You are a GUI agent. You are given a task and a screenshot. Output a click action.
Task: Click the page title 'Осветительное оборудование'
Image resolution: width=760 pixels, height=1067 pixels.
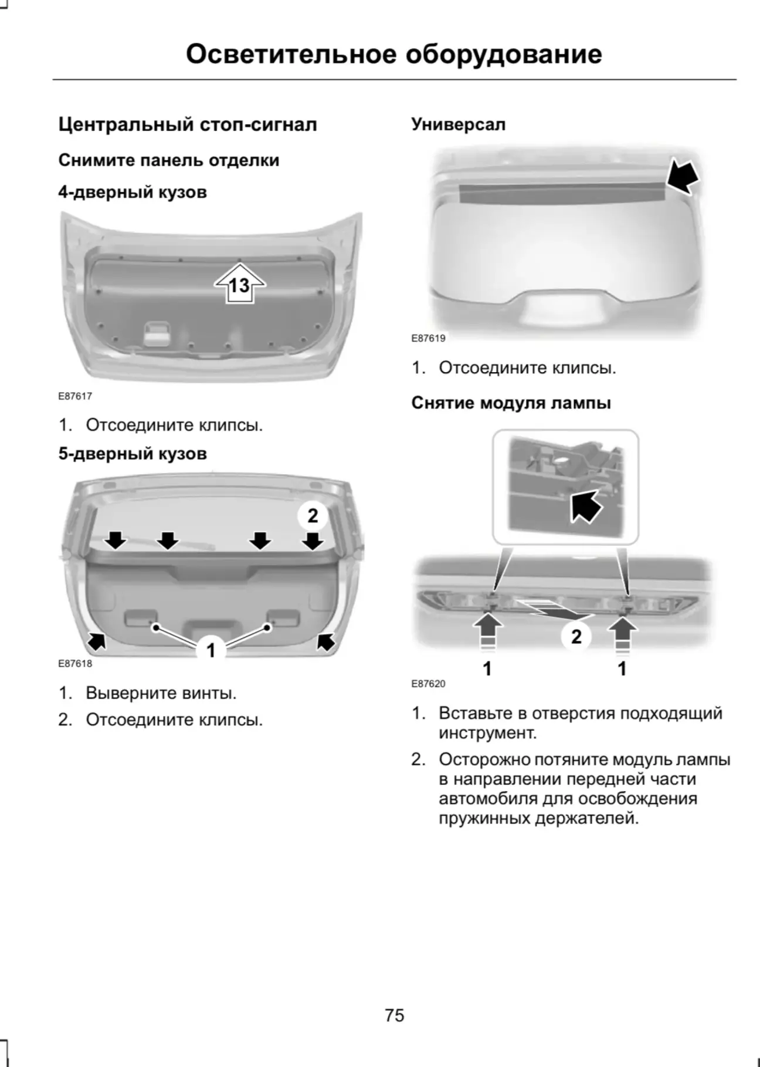coord(393,54)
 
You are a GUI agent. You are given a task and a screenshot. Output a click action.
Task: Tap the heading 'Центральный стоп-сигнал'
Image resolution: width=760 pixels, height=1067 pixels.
coord(188,124)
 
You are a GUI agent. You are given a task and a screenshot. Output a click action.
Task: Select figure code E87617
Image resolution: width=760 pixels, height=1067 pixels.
coord(75,396)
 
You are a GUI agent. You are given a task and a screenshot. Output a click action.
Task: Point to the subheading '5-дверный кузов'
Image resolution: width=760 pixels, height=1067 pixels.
coord(133,454)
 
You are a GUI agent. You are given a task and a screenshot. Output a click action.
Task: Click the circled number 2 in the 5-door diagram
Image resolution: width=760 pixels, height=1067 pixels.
coord(313,515)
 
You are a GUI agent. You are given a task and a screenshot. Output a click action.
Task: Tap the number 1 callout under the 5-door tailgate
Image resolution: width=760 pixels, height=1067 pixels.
coord(211,650)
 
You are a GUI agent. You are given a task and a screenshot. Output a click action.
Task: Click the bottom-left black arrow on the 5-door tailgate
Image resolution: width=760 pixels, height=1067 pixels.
coord(97,641)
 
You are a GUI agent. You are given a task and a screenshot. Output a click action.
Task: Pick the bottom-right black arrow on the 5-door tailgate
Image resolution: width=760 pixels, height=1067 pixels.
coord(325,641)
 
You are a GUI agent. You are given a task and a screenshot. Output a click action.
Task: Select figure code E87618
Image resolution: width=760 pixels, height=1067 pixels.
coord(75,664)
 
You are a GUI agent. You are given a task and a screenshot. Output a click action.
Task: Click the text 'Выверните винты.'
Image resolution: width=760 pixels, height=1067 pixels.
coord(161,693)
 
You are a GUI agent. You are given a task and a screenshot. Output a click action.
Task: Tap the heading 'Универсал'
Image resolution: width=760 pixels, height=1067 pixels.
coord(458,124)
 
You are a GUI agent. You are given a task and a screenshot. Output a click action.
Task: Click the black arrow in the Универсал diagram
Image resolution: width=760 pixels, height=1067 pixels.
coord(683,175)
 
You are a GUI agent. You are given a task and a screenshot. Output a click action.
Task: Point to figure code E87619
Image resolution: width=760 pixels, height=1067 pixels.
coord(428,338)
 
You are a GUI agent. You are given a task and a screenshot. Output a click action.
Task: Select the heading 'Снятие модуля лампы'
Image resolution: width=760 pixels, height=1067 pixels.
coord(511,403)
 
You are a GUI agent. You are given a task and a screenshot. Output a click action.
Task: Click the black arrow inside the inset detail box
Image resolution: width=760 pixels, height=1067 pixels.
coord(586,504)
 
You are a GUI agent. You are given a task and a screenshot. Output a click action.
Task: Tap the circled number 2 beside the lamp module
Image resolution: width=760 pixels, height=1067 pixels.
coord(576,636)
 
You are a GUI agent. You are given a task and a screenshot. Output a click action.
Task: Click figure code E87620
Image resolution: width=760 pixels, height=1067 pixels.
coord(428,684)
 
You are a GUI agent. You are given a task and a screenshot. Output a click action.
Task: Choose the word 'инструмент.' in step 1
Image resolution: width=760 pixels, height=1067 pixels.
coord(488,733)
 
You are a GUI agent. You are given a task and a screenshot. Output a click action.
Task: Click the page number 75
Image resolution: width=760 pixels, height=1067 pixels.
coord(395,1015)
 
